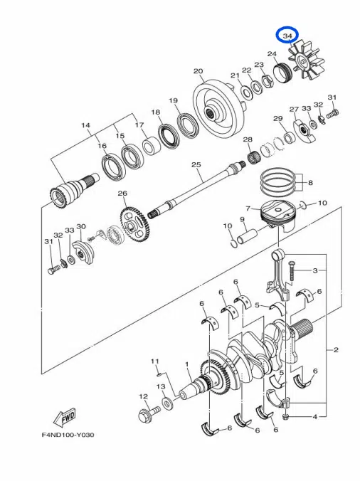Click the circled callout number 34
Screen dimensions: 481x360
click(x=288, y=35)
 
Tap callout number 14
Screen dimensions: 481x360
click(x=86, y=126)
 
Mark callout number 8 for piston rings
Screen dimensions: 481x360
click(x=310, y=182)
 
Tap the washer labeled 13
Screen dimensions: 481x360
click(x=167, y=404)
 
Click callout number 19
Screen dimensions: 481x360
click(x=172, y=101)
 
